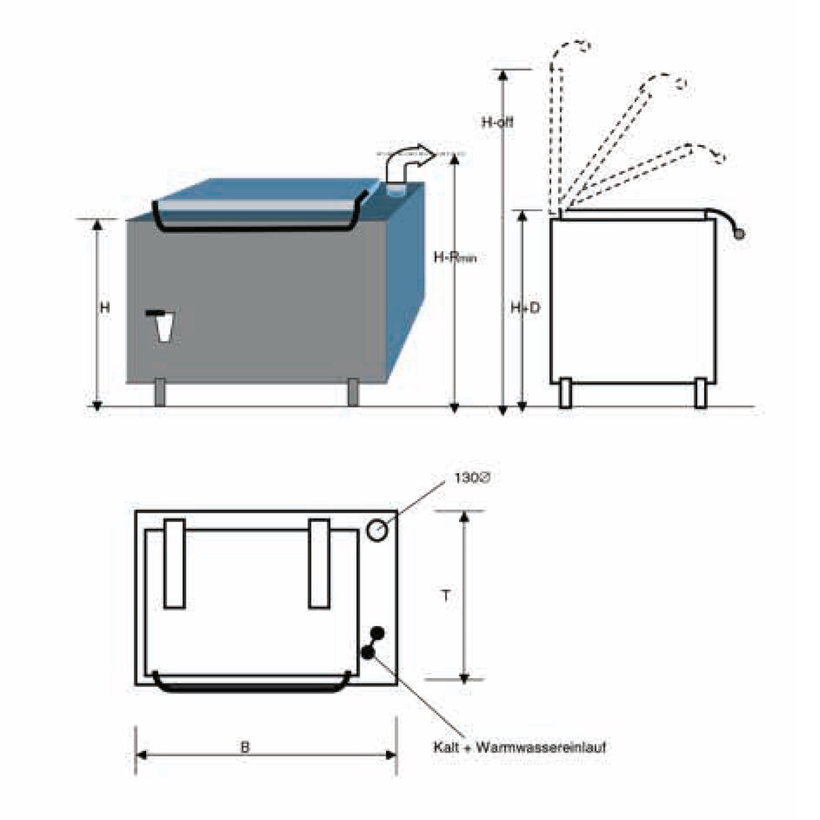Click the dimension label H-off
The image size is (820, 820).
point(497,122)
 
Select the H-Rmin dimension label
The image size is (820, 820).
point(455,257)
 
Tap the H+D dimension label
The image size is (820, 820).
point(525,308)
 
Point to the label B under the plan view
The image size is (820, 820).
point(245,747)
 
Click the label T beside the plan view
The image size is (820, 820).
point(446,595)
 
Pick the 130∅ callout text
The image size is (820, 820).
point(472,478)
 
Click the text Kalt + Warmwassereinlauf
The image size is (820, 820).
point(519,747)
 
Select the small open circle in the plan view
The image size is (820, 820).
point(377,530)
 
